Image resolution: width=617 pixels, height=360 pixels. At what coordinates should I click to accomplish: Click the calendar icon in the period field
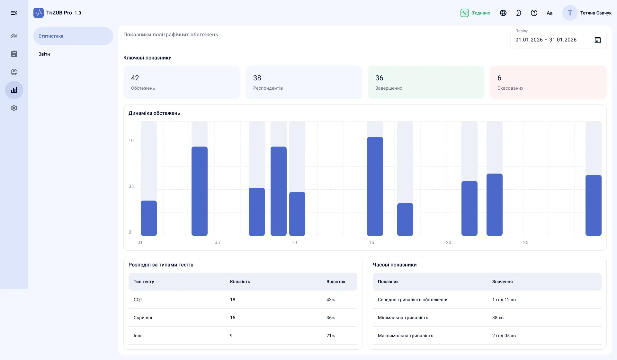(598, 40)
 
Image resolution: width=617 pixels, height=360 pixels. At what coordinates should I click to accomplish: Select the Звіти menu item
(44, 54)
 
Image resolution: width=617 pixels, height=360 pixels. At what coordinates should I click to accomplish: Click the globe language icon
(503, 13)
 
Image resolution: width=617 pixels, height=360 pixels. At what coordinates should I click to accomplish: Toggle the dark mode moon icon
(519, 13)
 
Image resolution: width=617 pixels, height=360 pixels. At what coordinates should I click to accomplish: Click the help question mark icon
(534, 13)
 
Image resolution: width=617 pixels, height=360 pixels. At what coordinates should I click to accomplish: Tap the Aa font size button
(550, 13)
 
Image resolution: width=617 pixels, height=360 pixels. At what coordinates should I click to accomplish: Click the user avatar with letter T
(570, 13)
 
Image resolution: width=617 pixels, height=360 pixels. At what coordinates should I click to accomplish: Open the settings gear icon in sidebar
(14, 108)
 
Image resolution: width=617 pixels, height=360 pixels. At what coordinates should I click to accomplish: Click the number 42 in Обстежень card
(135, 78)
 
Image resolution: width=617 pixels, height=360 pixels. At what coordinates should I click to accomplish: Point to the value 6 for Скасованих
(499, 78)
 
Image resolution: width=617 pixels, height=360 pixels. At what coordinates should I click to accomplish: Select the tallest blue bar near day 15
(375, 186)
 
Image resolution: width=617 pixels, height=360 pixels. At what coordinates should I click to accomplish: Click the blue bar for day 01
(149, 218)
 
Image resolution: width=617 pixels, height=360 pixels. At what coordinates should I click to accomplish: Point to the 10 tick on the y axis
(131, 140)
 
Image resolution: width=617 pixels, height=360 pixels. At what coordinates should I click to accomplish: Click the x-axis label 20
(449, 242)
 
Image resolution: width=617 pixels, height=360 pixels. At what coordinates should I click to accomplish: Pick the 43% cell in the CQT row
(331, 300)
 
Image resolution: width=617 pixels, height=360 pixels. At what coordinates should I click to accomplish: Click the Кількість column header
(240, 282)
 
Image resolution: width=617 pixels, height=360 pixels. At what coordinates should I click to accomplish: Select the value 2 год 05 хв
(504, 336)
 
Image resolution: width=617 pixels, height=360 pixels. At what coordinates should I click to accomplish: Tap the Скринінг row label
(143, 318)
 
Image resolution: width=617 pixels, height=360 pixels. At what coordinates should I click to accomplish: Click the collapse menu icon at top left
(14, 13)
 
